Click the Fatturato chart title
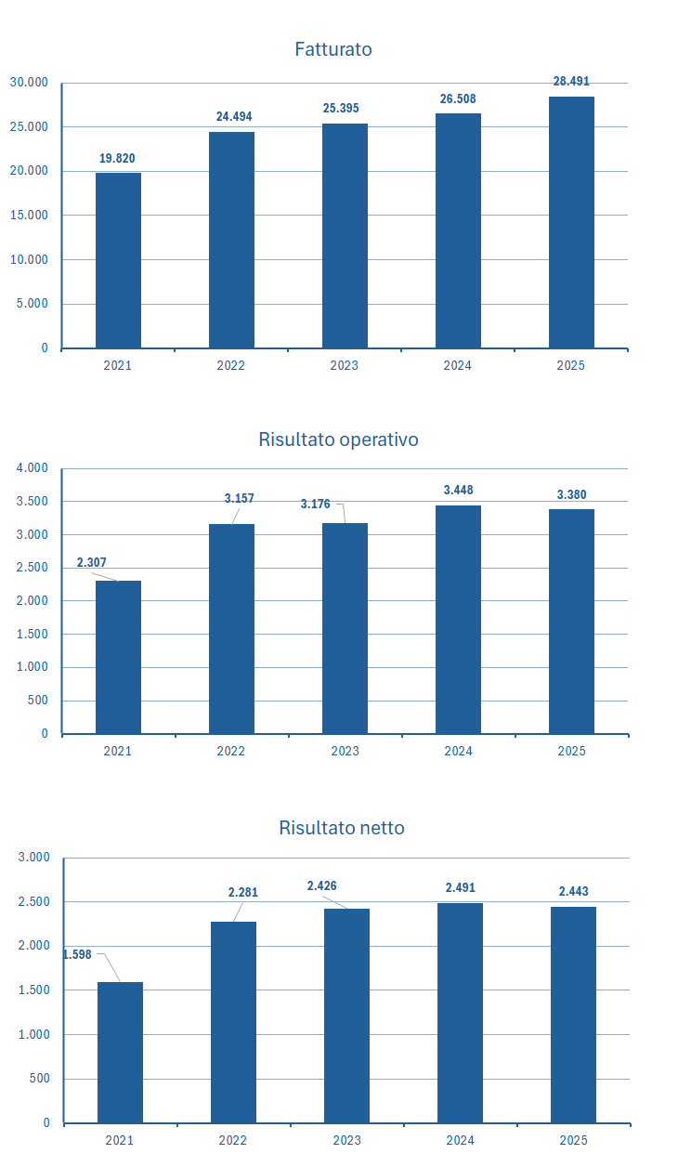pyautogui.click(x=332, y=49)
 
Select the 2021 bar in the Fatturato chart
pyautogui.click(x=118, y=260)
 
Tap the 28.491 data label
pyautogui.click(x=570, y=82)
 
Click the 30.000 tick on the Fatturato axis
pyautogui.click(x=29, y=83)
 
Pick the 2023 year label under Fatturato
pyautogui.click(x=344, y=365)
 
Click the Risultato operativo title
pyautogui.click(x=338, y=439)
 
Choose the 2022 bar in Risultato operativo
pyautogui.click(x=231, y=628)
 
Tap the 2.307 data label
pyautogui.click(x=92, y=563)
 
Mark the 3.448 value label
pyautogui.click(x=458, y=490)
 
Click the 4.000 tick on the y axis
pyautogui.click(x=32, y=468)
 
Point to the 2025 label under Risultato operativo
pyautogui.click(x=571, y=751)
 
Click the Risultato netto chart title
pyautogui.click(x=342, y=828)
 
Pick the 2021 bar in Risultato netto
pyautogui.click(x=120, y=1052)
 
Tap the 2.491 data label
pyautogui.click(x=460, y=887)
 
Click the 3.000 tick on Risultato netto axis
pyautogui.click(x=33, y=857)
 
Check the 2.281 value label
pyautogui.click(x=242, y=892)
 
